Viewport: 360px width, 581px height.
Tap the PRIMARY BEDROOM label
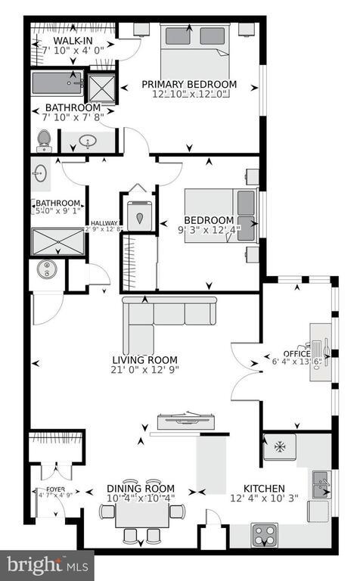coord(194,84)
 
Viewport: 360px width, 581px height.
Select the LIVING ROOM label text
coord(144,359)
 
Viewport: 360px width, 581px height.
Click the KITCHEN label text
coord(264,489)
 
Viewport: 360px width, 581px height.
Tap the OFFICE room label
coord(297,353)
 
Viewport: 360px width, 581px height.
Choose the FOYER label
coord(45,489)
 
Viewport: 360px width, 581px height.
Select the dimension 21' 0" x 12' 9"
coord(145,371)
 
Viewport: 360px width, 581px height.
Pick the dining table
coord(142,514)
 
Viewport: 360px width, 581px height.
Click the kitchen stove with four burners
coord(265,534)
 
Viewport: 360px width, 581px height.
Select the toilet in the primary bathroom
coord(44,139)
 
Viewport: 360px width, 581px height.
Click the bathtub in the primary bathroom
coord(57,85)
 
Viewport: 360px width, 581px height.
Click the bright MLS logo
coord(47,564)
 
